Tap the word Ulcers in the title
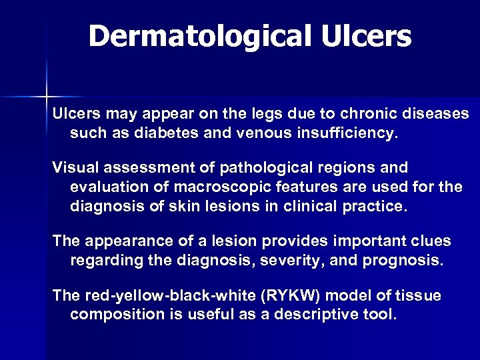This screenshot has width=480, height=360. pos(370,36)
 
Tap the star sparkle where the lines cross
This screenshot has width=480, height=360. pos(46,94)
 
